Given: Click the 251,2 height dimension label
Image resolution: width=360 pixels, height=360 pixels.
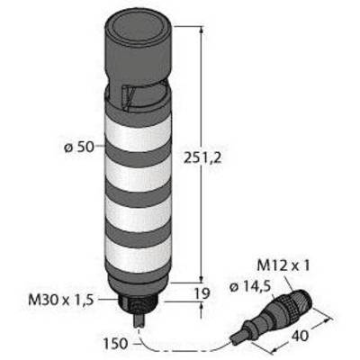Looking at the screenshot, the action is click(202, 157).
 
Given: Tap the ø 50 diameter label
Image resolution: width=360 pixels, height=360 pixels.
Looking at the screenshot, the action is click(79, 148).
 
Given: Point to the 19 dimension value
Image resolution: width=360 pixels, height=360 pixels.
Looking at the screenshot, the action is click(202, 293).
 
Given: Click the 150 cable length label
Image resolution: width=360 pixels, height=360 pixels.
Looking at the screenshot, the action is click(116, 344).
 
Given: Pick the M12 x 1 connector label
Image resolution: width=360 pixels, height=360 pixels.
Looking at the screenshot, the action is click(283, 265).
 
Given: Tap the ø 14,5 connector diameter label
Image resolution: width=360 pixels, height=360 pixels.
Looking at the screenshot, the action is click(250, 287).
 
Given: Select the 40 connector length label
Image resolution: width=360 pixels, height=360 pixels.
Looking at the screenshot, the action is click(299, 336).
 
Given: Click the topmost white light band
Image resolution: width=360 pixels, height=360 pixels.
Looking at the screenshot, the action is click(138, 133).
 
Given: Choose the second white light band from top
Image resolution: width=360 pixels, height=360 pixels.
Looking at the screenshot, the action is click(138, 175).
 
